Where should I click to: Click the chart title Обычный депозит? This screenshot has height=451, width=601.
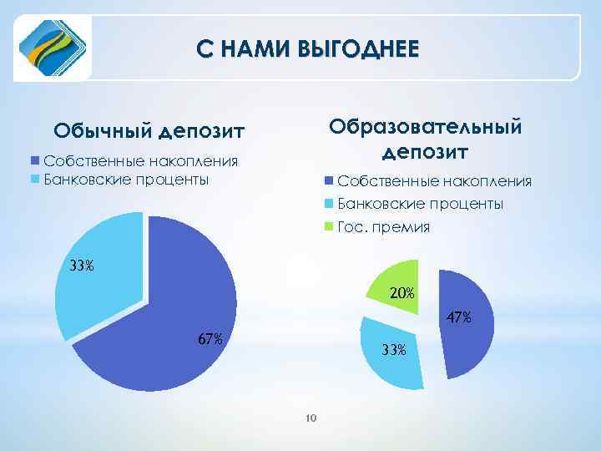coord(149,131)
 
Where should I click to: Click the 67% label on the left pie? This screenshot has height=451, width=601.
coord(210,339)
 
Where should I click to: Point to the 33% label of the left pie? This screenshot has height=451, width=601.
coord(82,267)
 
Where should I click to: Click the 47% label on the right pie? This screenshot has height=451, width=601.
coord(458,317)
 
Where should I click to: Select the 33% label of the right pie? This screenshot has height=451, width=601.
coord(393,350)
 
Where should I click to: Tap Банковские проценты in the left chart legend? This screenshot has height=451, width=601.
coord(126,179)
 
